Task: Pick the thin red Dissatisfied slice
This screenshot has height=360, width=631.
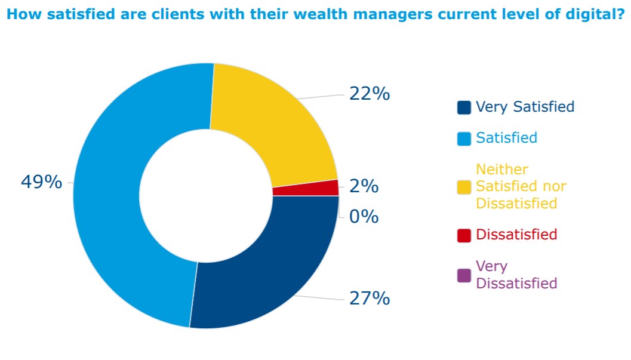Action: coord(306,188)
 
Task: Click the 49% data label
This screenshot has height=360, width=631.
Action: coord(41,182)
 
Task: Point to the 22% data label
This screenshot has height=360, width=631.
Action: coord(370,94)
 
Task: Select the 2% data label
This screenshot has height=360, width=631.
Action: coord(364,186)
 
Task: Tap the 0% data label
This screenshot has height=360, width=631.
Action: coord(364,217)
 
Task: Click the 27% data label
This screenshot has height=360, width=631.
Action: coord(370,298)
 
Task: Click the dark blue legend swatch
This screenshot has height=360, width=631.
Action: coord(464,107)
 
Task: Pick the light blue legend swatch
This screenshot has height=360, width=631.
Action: coord(464,139)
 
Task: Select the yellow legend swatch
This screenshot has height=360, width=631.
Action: coord(464,187)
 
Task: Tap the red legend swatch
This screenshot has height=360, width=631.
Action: coord(464,235)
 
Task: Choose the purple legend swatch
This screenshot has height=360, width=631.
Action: coord(464,275)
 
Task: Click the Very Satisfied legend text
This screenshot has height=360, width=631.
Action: coord(525,107)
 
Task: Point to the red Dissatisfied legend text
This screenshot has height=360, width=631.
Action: coord(516,235)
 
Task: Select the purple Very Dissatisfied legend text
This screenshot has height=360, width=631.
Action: coord(516,275)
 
